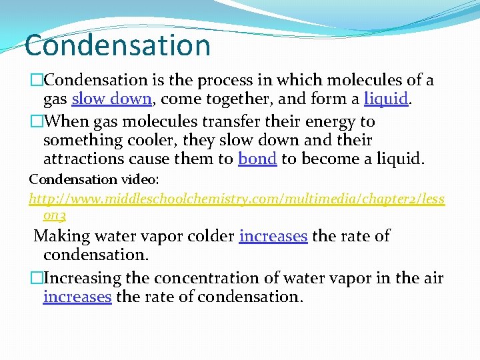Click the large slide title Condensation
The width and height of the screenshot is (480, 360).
pyautogui.click(x=117, y=45)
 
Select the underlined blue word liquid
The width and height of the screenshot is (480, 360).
pyautogui.click(x=385, y=99)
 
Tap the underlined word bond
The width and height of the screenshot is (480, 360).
pyautogui.click(x=257, y=159)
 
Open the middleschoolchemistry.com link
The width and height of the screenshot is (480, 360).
pyautogui.click(x=237, y=199)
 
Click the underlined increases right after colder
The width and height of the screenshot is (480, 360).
pyautogui.click(x=273, y=236)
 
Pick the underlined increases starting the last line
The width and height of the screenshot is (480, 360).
pyautogui.click(x=77, y=297)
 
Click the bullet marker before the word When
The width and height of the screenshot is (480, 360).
pyautogui.click(x=35, y=122)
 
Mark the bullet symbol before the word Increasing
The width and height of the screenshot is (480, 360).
pyautogui.click(x=35, y=278)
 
